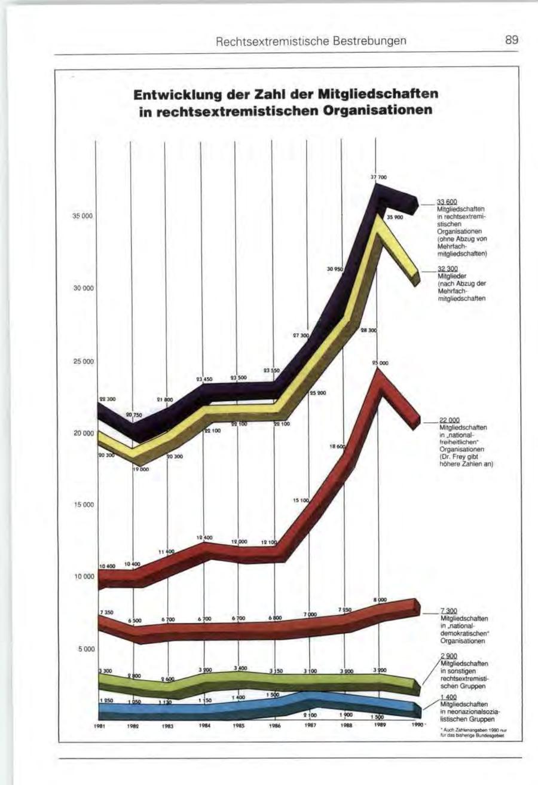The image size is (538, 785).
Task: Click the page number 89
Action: click(511, 41)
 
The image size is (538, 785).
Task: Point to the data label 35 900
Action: click(396, 218)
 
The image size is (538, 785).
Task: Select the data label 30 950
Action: click(334, 270)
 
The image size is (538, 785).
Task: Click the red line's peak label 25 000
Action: click(380, 363)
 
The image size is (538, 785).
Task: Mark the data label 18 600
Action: click(337, 447)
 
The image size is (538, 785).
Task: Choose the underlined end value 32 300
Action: click(447, 270)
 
